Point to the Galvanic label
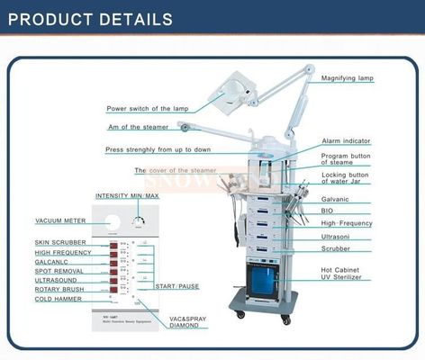point(334,198)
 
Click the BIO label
point(327,210)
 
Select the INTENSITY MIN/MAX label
point(127,195)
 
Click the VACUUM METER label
point(60,220)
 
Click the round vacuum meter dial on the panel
point(113,225)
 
